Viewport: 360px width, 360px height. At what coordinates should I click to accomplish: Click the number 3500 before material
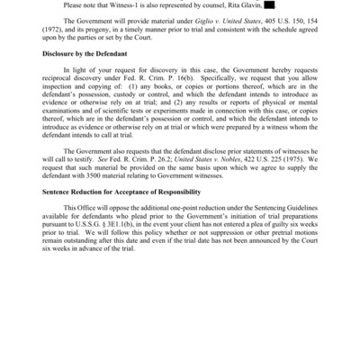point(99,207)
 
